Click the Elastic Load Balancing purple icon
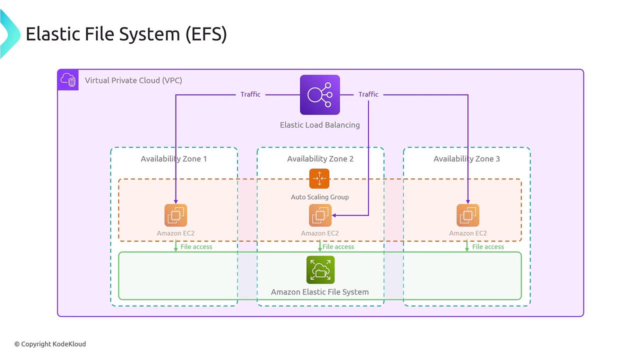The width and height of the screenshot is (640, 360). pos(319,95)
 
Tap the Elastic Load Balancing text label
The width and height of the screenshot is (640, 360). pos(319,125)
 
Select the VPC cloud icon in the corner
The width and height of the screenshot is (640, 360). pos(68,80)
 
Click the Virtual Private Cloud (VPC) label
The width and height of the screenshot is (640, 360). pos(133,80)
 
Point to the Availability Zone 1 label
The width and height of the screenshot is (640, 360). pos(173,159)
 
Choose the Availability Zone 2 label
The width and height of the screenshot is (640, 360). pos(320,159)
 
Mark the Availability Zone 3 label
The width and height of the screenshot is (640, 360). pos(466,159)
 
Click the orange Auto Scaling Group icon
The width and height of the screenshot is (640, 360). pos(319,178)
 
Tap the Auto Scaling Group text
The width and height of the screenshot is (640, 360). pos(319,197)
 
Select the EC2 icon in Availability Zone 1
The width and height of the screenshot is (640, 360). pos(175,215)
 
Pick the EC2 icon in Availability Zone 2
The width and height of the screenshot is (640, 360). pos(320,215)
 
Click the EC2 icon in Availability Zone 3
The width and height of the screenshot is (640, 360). pos(467,215)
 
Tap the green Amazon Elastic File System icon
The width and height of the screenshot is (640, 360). pos(320,270)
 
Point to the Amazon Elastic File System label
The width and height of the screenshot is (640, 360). pos(319,292)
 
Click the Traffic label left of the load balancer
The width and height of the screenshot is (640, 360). pos(250,94)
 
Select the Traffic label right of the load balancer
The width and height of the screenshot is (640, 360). pos(368,94)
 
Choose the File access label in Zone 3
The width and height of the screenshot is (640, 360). pos(488,247)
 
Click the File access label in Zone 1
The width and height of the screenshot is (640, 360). pos(196,247)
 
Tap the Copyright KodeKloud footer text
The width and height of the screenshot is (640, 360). pos(50,344)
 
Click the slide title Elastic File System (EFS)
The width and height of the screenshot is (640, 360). pos(126,34)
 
